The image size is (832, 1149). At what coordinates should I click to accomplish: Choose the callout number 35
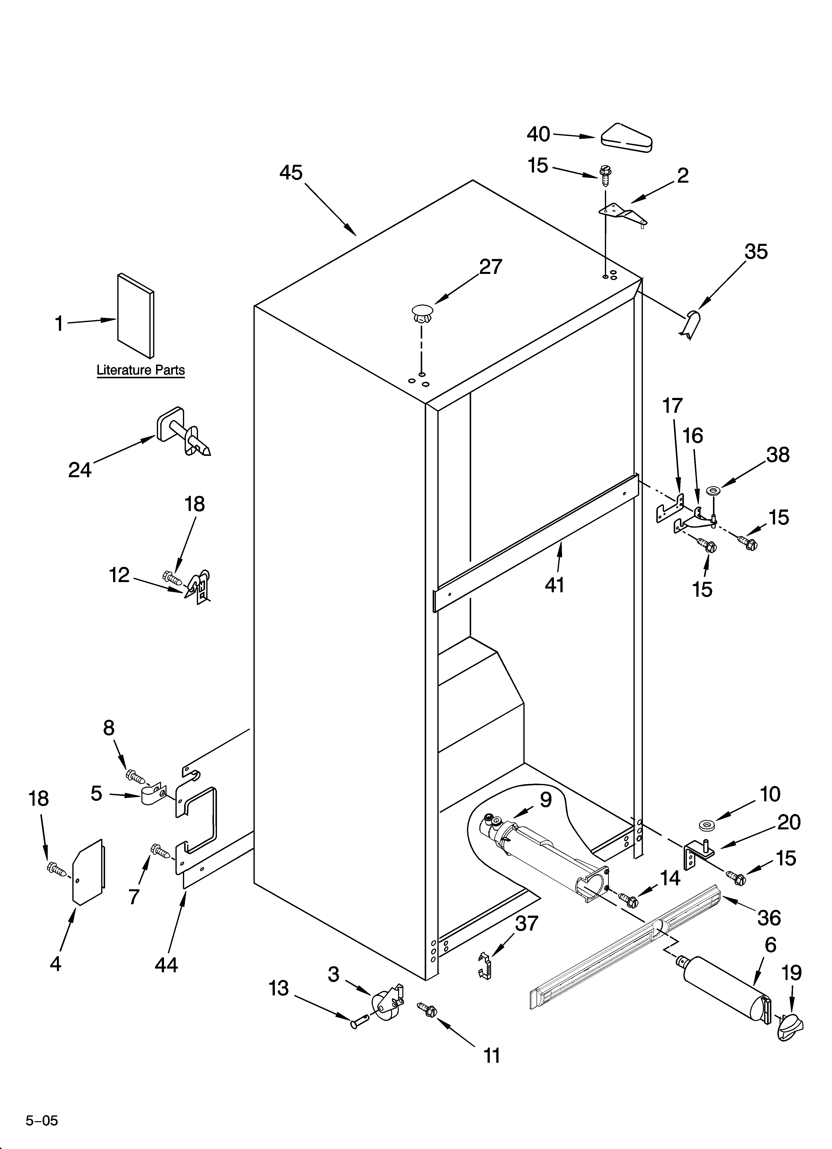pos(756,252)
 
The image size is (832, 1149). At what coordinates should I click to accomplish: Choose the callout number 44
pos(166,965)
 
